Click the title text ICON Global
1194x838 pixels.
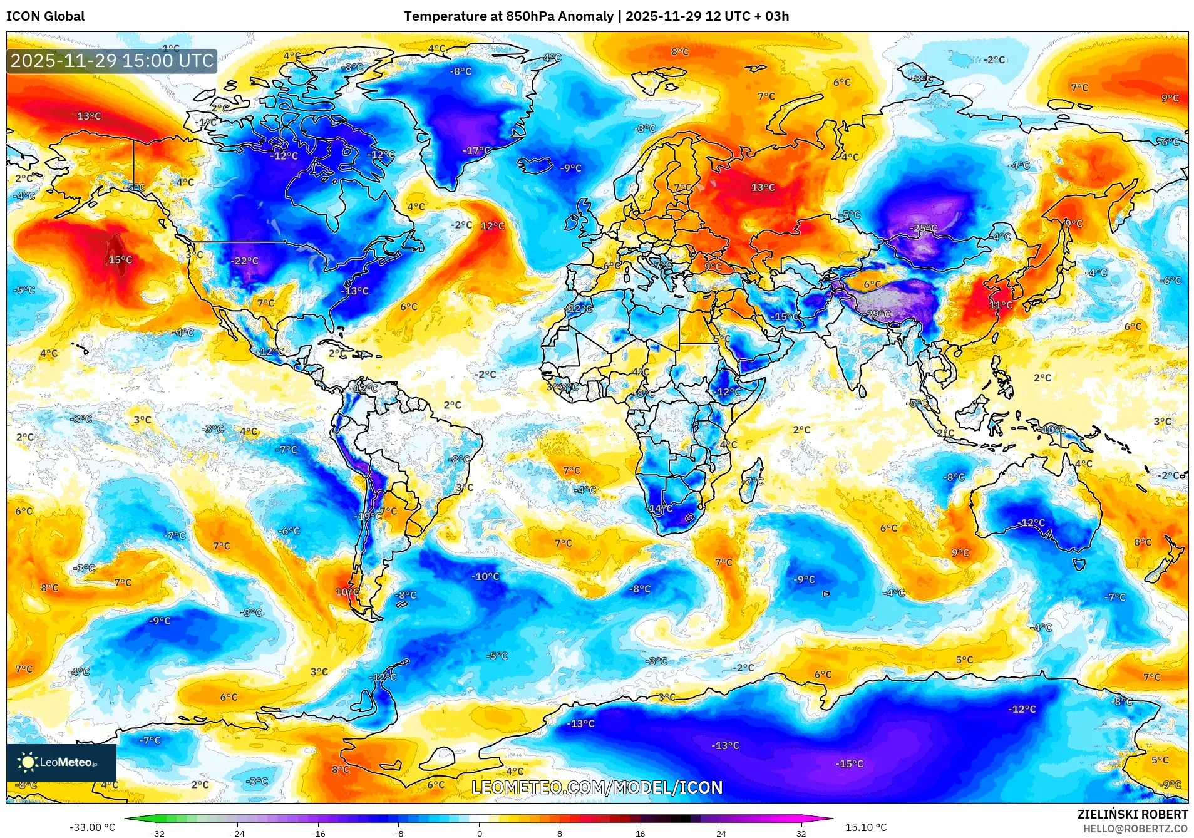pos(45,16)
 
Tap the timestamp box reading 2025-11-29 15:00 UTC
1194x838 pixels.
pos(112,61)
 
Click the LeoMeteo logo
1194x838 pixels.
pos(61,762)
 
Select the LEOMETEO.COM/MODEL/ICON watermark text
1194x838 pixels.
pos(597,787)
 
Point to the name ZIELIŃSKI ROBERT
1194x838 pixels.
pos(1132,814)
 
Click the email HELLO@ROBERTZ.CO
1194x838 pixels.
pos(1135,829)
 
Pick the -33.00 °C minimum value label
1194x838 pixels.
pos(92,827)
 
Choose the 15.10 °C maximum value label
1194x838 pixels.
pos(866,827)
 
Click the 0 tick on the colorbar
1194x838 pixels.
pos(480,834)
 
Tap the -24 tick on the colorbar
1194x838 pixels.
pos(237,834)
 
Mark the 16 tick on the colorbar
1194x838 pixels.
pos(640,834)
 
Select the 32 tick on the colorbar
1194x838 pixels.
pos(801,834)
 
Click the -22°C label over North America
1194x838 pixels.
pos(244,261)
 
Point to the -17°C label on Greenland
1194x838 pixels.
pos(476,150)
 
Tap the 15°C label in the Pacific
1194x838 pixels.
pos(120,260)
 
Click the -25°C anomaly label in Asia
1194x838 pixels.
pos(924,228)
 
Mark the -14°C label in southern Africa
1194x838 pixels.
pos(659,509)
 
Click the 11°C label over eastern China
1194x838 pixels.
pos(1000,305)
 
